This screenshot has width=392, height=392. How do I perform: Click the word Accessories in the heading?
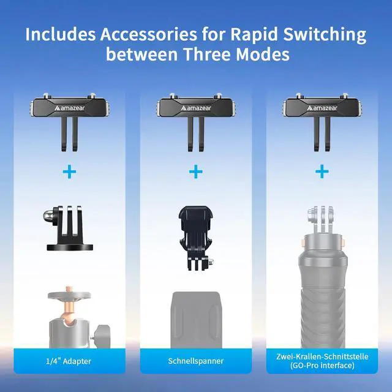pyautogui.click(x=148, y=34)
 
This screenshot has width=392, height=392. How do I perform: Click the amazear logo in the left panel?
pyautogui.click(x=69, y=108)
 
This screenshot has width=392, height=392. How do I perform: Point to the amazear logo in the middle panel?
pyautogui.click(x=196, y=108)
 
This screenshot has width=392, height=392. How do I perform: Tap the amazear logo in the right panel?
pyautogui.click(x=322, y=108)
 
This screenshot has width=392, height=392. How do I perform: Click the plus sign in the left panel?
pyautogui.click(x=69, y=171)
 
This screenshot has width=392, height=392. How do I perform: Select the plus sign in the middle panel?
pyautogui.click(x=196, y=171)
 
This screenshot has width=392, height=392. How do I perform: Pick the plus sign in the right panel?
pyautogui.click(x=322, y=171)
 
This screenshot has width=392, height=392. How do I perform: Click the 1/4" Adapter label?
pyautogui.click(x=69, y=361)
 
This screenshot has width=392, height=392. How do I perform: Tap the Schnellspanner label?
pyautogui.click(x=196, y=361)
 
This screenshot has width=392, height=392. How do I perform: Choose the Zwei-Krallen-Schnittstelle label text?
pyautogui.click(x=322, y=356)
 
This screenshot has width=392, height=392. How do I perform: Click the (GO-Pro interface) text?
pyautogui.click(x=322, y=366)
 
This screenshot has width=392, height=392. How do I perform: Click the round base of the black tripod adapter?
pyautogui.click(x=70, y=247)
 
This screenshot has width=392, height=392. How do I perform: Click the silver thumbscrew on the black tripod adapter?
pyautogui.click(x=48, y=215)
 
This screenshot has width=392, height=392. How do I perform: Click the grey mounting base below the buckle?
pyautogui.click(x=196, y=320)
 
